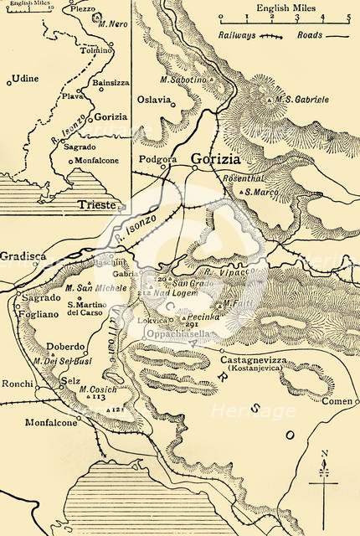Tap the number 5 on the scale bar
[x=347, y=11]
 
